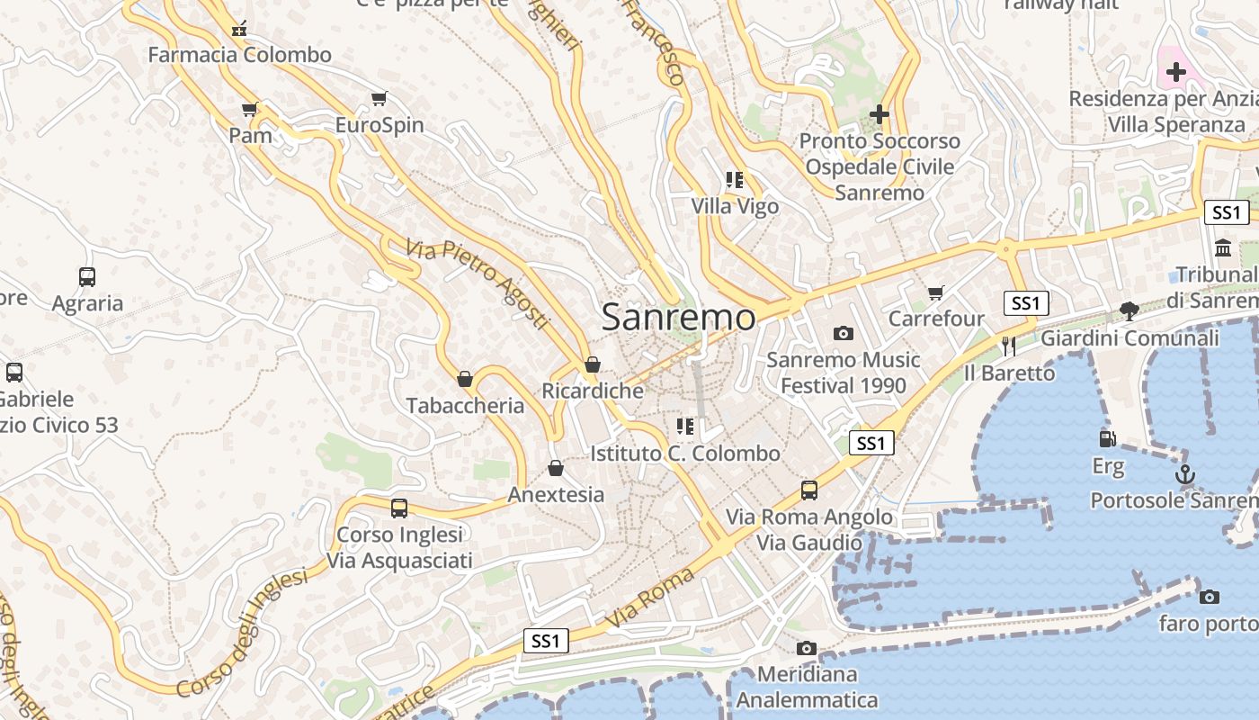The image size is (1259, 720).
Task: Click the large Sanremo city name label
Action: coord(678,317)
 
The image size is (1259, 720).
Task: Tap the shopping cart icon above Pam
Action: coord(250,110)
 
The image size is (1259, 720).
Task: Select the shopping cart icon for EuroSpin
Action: coord(379,98)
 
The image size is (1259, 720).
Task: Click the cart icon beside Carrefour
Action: coord(936,292)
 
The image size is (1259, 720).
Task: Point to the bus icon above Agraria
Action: coord(87,277)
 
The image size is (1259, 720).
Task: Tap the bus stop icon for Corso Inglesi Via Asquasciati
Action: coord(399,508)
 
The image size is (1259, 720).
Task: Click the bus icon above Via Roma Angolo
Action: coord(809,490)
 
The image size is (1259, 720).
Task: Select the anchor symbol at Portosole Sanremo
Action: coord(1185,473)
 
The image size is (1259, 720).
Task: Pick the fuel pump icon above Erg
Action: coord(1108,439)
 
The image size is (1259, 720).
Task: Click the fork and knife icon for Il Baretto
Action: coord(1009,346)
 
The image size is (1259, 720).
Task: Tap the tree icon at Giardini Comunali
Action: coord(1130,311)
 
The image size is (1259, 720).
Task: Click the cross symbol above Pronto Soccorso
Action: coord(880,114)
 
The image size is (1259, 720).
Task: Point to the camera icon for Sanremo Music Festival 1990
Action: coord(843,333)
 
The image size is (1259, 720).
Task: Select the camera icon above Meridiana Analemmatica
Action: coord(806,648)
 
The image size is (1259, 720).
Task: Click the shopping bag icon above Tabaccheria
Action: coord(465,379)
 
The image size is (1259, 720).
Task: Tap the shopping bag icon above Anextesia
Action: coord(556,468)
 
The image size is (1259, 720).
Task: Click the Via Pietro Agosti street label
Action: coord(477,283)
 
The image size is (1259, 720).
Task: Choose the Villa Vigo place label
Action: coord(735,206)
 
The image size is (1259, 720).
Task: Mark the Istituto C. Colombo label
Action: coord(685,453)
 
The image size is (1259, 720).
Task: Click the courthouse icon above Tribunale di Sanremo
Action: coord(1223,247)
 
